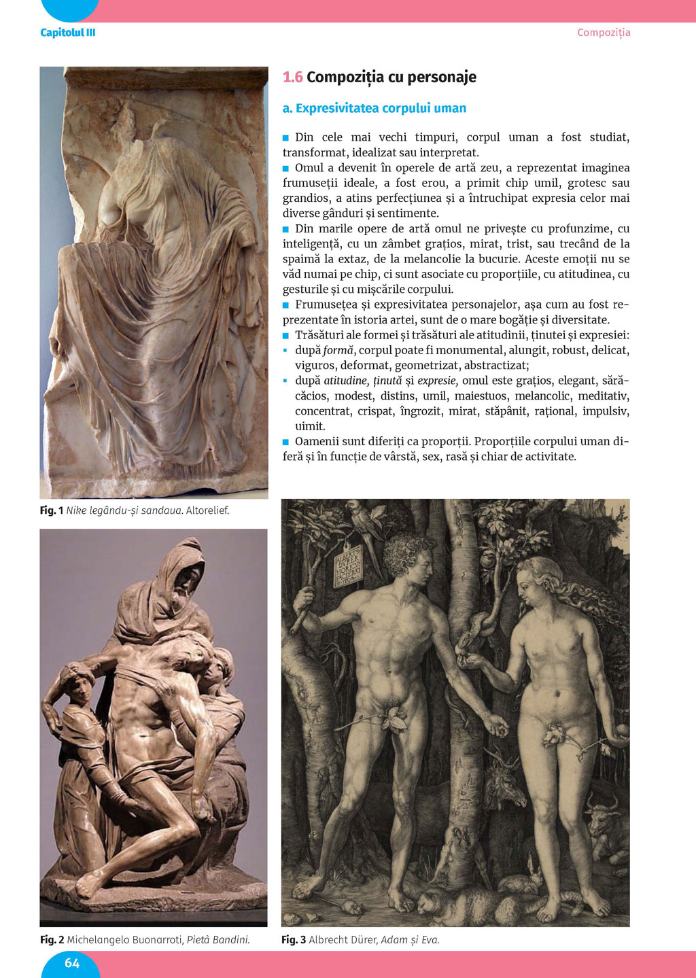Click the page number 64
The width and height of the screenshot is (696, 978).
72,962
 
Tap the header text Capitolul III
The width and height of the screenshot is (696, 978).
68,33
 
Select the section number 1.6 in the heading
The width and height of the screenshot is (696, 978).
292,77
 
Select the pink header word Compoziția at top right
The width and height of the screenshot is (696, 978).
604,33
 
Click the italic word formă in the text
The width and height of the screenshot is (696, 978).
338,351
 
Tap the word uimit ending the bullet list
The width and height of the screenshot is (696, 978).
310,426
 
